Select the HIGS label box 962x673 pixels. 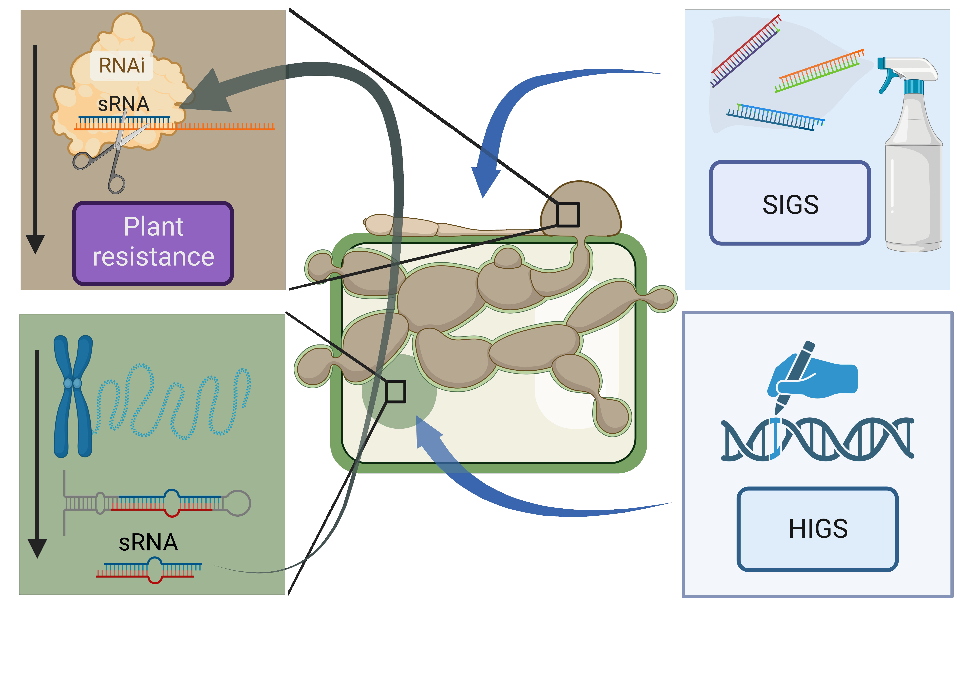(x=818, y=529)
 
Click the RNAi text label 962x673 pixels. (x=122, y=65)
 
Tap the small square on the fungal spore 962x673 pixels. (x=568, y=215)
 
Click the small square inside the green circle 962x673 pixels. (x=395, y=392)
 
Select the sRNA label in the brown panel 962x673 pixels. (x=124, y=104)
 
